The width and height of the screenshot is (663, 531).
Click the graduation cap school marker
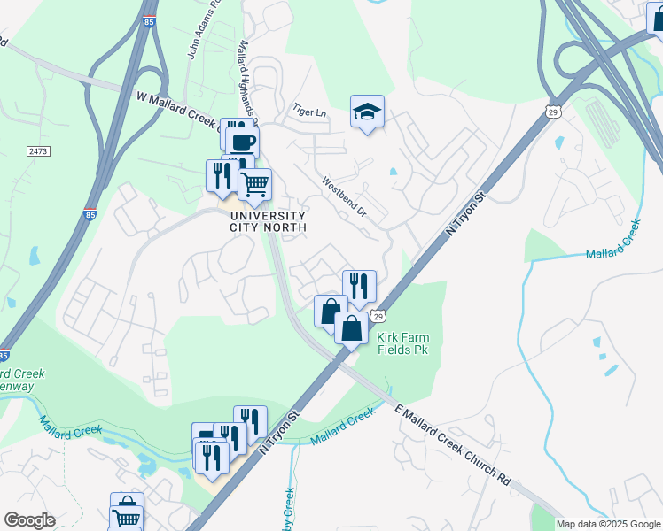(367, 112)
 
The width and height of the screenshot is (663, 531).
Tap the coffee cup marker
(242, 142)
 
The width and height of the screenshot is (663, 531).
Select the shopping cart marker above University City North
(254, 184)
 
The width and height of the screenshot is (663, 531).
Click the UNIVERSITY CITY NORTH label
(268, 221)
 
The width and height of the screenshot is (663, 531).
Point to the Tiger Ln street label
(310, 112)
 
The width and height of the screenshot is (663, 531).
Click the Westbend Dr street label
(344, 198)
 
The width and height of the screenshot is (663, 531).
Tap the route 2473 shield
(38, 152)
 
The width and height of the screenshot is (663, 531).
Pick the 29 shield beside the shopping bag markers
(378, 317)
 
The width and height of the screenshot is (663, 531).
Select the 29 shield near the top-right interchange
(552, 112)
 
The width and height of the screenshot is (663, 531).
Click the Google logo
(29, 520)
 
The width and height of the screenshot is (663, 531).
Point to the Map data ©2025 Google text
(608, 524)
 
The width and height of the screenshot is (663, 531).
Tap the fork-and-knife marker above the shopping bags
(359, 286)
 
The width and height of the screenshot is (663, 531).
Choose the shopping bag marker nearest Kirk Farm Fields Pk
(352, 328)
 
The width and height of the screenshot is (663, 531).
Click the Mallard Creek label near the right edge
(613, 242)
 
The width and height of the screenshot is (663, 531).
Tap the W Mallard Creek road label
(178, 112)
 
